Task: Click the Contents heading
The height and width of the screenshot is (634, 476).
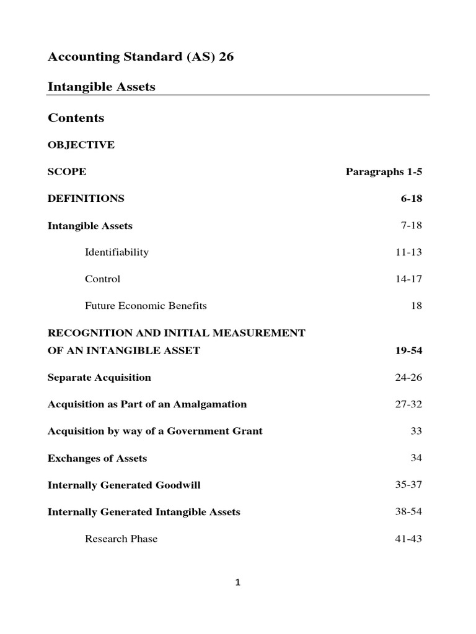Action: coord(76,118)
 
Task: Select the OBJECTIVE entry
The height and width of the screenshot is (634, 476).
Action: coord(81,145)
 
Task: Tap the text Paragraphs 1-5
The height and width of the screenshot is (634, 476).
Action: coord(384,172)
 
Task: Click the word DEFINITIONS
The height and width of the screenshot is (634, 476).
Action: coord(86,199)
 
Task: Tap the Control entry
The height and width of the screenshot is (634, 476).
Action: coord(102,279)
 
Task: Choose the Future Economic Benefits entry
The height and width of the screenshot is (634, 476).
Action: coord(146,306)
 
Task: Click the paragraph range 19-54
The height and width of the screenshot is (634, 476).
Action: coord(408,350)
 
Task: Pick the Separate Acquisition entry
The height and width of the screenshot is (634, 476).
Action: coord(99,378)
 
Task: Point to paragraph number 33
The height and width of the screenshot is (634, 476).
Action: coord(416,431)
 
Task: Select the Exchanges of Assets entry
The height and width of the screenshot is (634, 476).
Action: coord(97,459)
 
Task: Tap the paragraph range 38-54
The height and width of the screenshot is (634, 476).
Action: coord(408,512)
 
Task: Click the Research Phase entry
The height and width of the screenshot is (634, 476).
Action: coord(121,539)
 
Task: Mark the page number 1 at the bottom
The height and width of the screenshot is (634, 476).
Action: coord(238,582)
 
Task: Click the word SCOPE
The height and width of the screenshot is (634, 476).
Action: coord(67,172)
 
